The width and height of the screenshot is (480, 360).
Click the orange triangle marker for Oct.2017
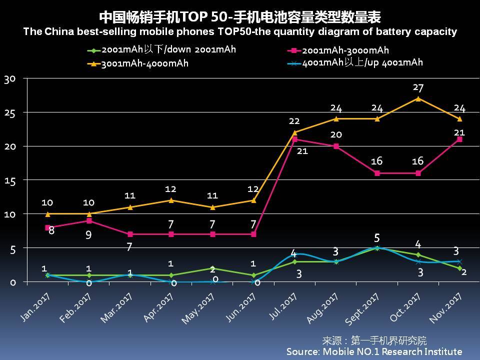pos(418,98)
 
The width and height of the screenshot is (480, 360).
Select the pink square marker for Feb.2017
pos(89,220)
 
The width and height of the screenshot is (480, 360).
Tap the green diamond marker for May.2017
pos(212,268)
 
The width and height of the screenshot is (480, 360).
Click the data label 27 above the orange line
pos(418,88)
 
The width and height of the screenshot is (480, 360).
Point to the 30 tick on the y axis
pos(10,78)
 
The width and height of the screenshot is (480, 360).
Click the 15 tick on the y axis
pos(10,180)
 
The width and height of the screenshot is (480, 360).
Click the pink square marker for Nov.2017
pos(459,139)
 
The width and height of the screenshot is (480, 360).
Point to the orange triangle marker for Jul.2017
pos(294,132)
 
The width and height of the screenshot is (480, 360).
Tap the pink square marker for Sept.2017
pos(377,173)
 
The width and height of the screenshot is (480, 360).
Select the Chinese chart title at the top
pos(240,17)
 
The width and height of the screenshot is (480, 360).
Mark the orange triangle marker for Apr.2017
pos(171,200)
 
